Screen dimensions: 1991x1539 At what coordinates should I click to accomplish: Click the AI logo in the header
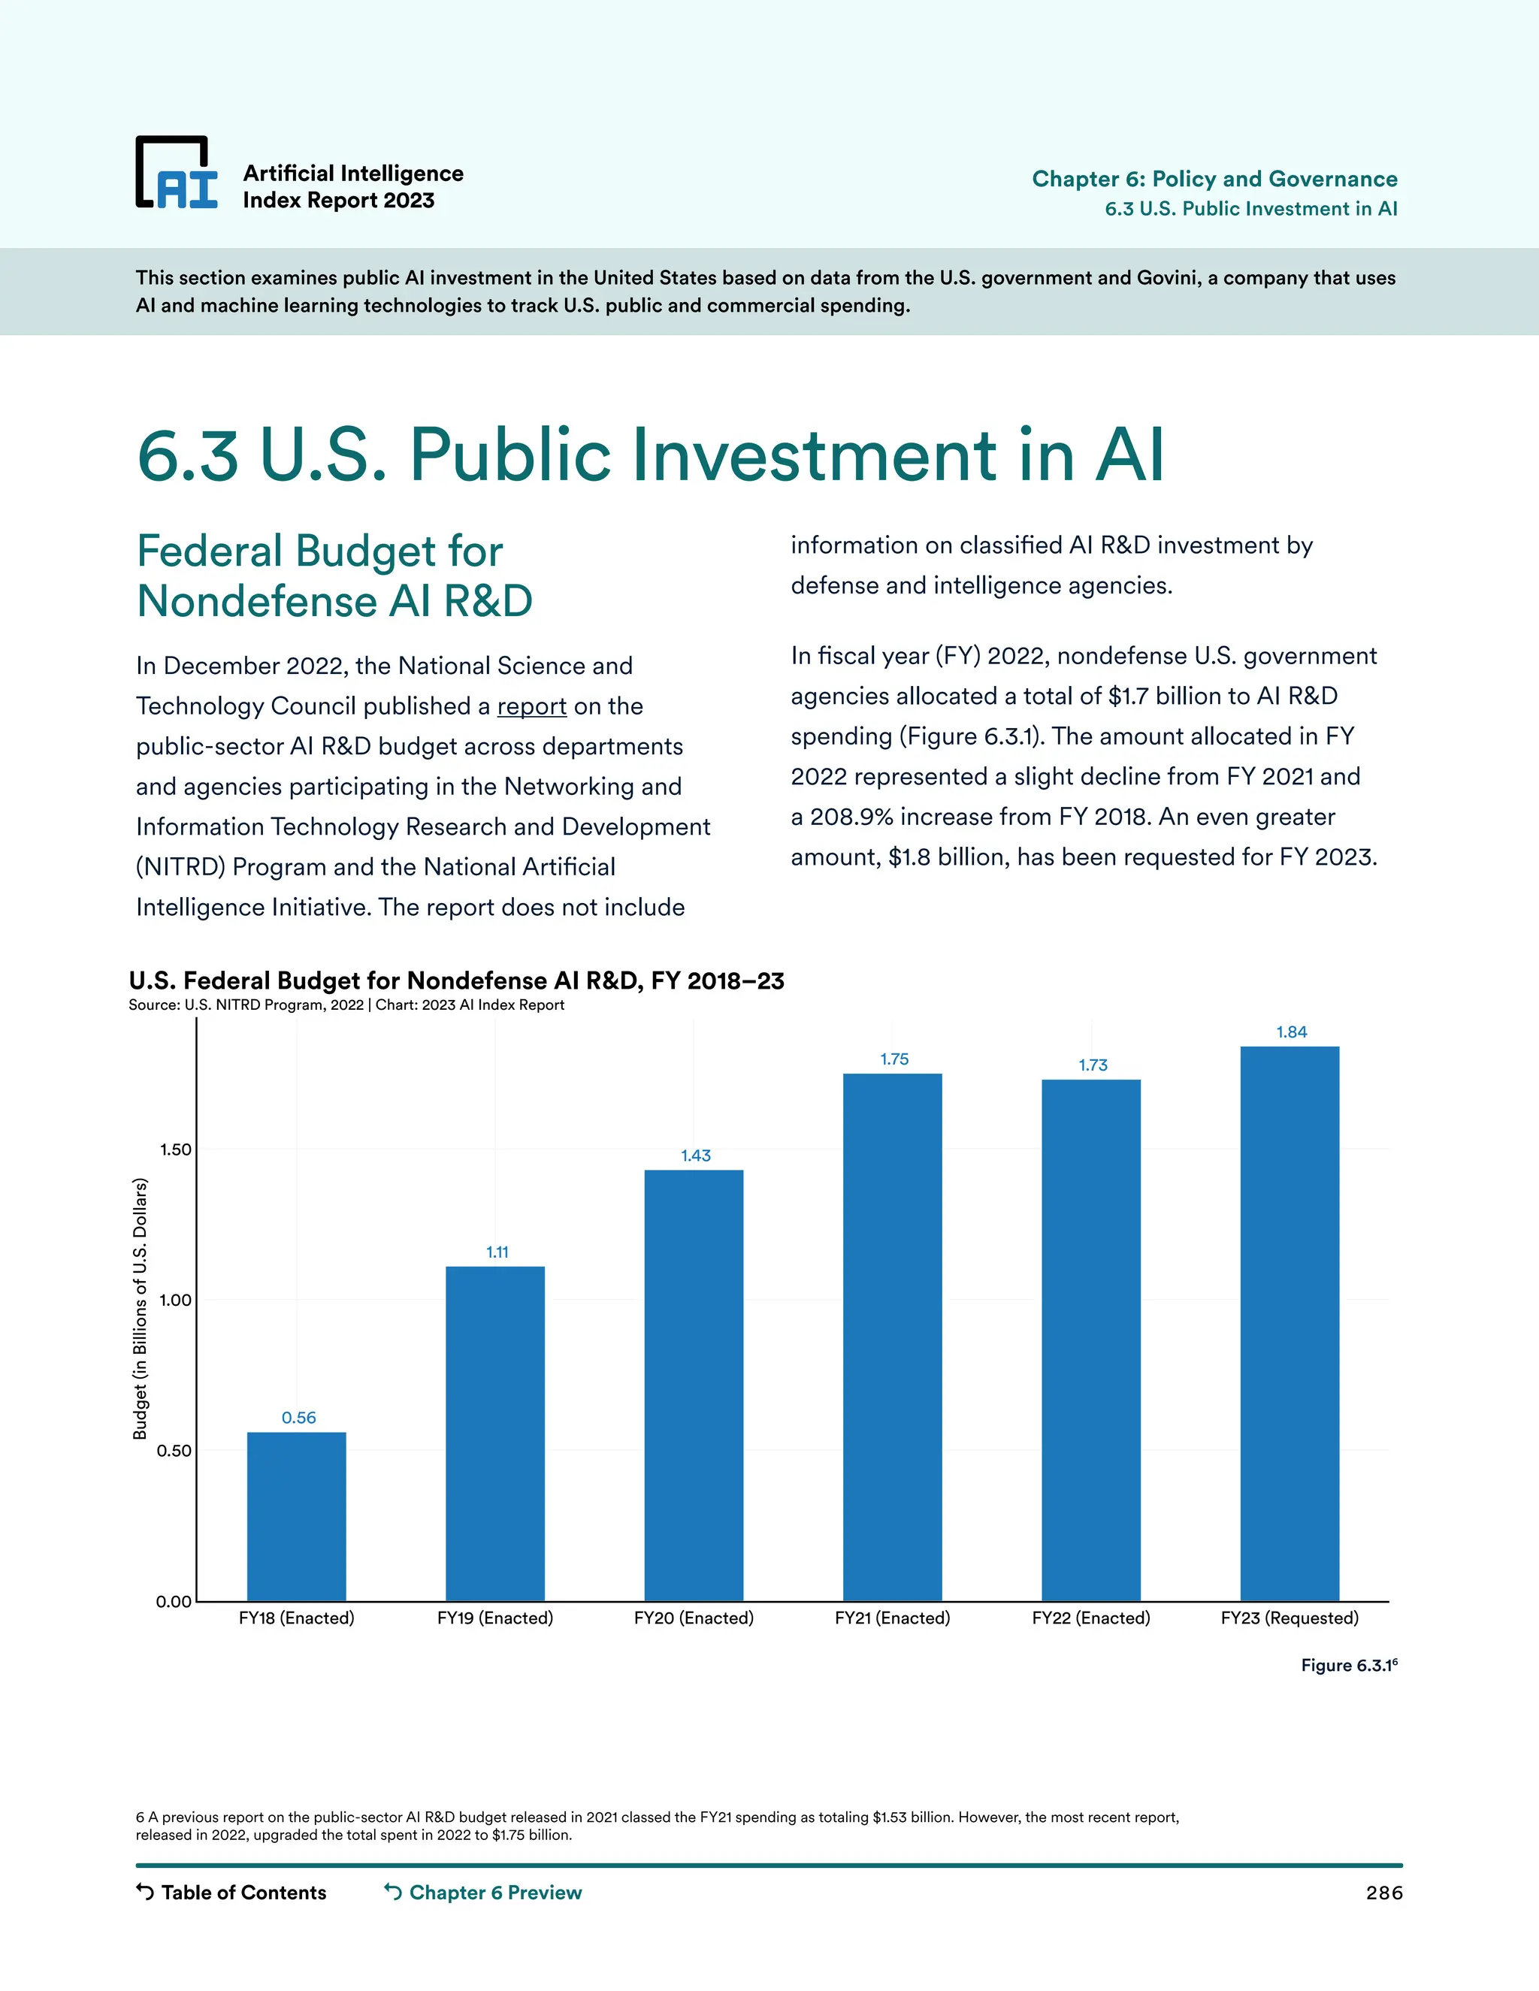click(x=177, y=174)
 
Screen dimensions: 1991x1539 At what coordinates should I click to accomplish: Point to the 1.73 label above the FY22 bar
click(x=1092, y=1065)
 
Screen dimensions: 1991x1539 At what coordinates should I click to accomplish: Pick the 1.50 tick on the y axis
click(x=175, y=1150)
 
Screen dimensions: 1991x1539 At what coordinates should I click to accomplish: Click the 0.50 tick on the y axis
click(x=175, y=1450)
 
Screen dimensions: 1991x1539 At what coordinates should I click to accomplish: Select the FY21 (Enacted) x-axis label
click(x=892, y=1618)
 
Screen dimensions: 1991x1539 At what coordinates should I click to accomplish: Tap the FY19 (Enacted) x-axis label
click(x=495, y=1618)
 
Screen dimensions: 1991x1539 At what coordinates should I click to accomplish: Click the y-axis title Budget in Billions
click(x=140, y=1308)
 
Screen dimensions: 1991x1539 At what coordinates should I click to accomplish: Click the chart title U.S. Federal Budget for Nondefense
click(x=456, y=981)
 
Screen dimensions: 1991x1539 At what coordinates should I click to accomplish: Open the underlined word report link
click(x=531, y=706)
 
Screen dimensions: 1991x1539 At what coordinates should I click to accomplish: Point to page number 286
click(x=1383, y=1893)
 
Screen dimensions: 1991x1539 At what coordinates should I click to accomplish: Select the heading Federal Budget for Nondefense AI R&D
click(x=334, y=576)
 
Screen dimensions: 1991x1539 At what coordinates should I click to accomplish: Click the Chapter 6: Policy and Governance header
click(x=1214, y=179)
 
